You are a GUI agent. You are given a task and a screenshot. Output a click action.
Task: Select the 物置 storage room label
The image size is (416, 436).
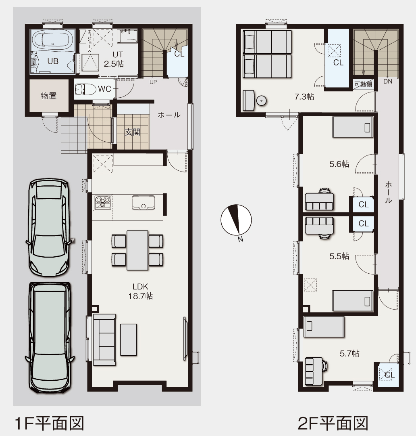49,96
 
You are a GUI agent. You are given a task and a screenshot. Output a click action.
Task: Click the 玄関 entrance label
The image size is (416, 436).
133,132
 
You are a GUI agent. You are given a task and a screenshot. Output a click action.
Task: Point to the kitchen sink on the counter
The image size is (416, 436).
143,203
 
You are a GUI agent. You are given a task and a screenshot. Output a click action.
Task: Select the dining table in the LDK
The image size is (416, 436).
137,250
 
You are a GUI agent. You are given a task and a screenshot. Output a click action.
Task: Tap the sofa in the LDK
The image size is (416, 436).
104,340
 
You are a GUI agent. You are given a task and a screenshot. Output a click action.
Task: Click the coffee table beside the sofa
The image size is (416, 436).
128,340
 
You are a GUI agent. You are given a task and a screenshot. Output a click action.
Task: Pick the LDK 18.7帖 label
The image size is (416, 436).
140,291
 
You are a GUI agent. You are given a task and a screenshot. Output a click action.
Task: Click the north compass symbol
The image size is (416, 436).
236,220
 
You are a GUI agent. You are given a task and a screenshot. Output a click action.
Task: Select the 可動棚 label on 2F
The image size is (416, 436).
363,84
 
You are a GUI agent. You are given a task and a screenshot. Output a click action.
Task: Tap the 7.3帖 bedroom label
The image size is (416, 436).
304,97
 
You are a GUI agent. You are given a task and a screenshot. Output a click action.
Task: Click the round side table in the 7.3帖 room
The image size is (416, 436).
261,101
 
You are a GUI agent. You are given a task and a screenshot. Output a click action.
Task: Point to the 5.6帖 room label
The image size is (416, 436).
339,164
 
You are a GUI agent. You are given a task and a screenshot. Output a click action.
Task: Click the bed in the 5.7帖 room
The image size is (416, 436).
324,327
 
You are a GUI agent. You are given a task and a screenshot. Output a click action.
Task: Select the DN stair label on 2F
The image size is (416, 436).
388,82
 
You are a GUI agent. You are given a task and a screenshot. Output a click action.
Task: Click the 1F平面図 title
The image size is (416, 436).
49,423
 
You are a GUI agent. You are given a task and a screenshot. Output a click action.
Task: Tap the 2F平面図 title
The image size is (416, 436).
333,423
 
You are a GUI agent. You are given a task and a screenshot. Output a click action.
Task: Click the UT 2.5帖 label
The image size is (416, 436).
114,59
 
